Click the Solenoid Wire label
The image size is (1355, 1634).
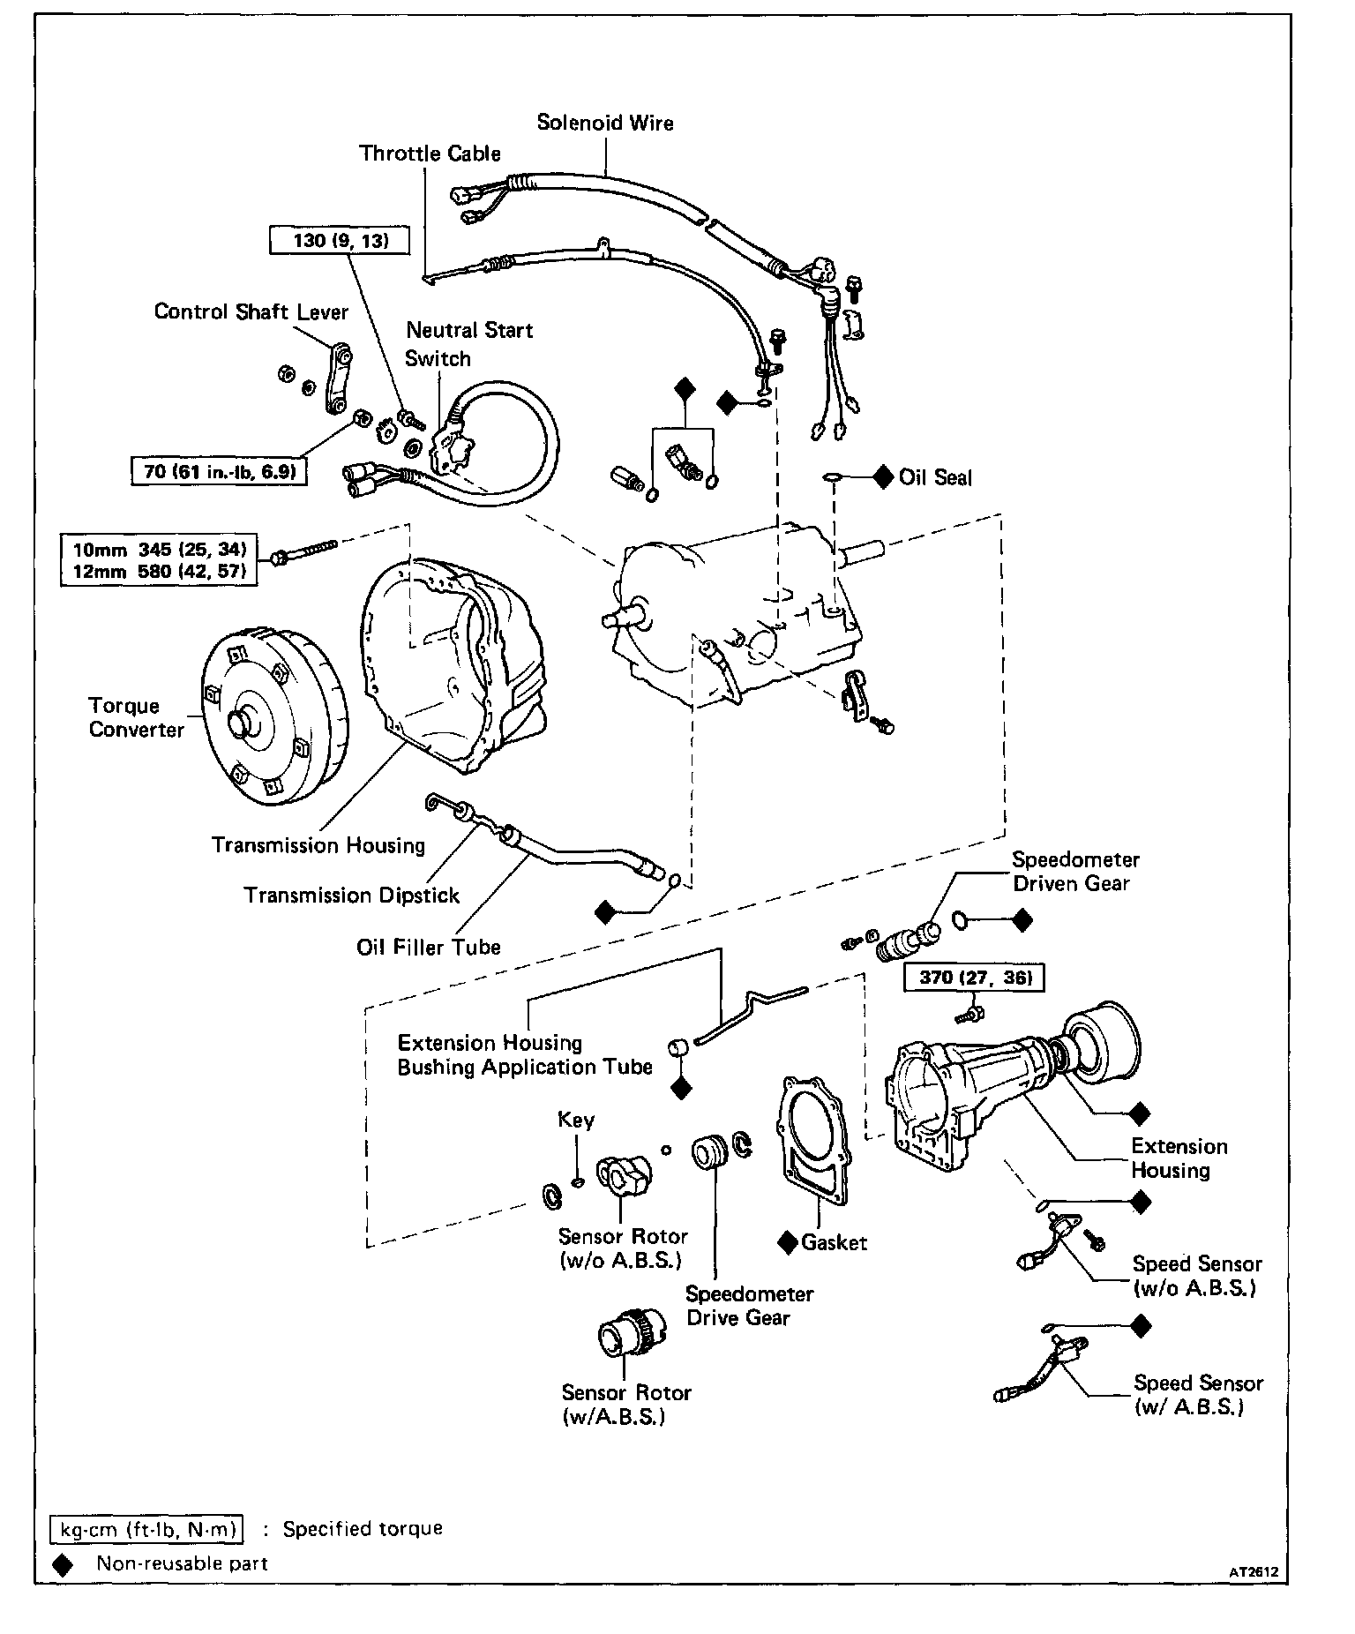pos(605,123)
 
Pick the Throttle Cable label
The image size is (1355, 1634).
pos(430,154)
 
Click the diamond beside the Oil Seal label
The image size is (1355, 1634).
pos(883,477)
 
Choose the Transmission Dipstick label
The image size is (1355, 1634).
pos(352,896)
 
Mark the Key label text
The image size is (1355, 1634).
pos(576,1120)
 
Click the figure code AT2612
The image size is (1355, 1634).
pos(1254,1571)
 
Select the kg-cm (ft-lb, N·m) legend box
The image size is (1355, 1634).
pos(147,1529)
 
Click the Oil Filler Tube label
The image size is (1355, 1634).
pos(428,947)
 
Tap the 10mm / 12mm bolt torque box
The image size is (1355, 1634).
pos(159,560)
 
